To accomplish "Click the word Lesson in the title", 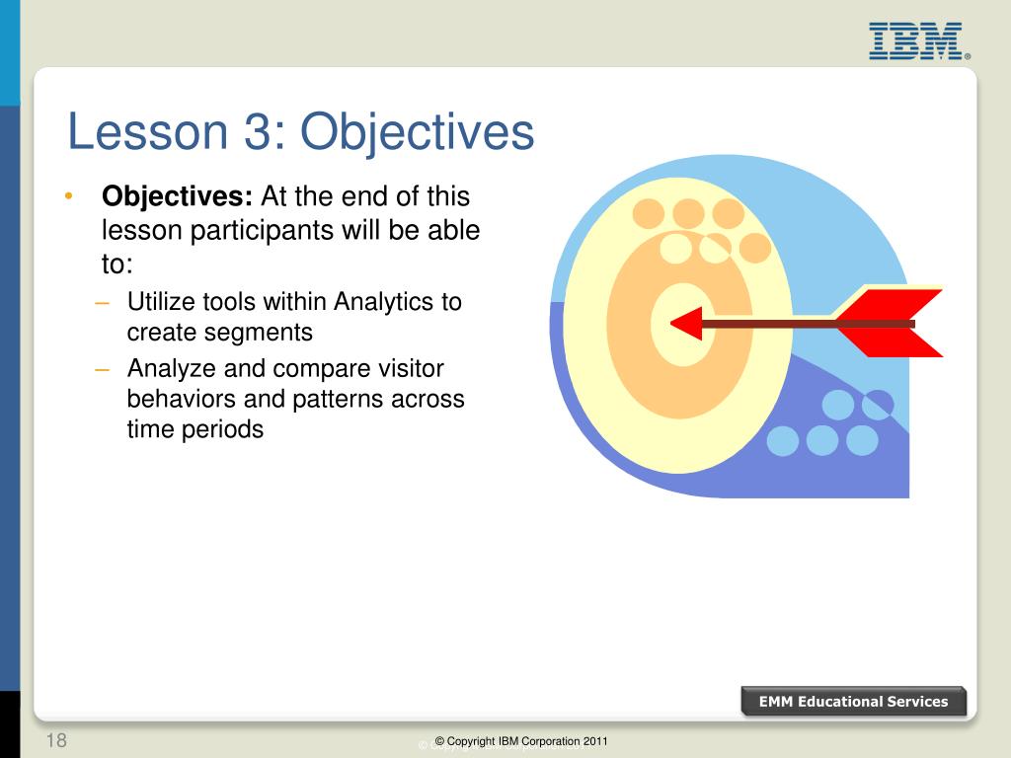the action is click(x=148, y=131).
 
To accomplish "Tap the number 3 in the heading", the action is click(x=260, y=131).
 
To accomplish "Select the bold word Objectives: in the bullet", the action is click(x=177, y=197).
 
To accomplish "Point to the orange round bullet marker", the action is click(x=69, y=196).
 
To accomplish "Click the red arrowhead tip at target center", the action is click(x=671, y=323).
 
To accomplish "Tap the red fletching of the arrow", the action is click(x=890, y=323).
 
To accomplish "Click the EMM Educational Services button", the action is click(x=853, y=702).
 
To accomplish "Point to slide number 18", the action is click(x=56, y=740).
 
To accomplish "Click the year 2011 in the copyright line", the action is click(x=594, y=741).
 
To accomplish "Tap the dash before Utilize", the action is click(x=102, y=302).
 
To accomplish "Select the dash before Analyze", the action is click(x=102, y=370).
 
